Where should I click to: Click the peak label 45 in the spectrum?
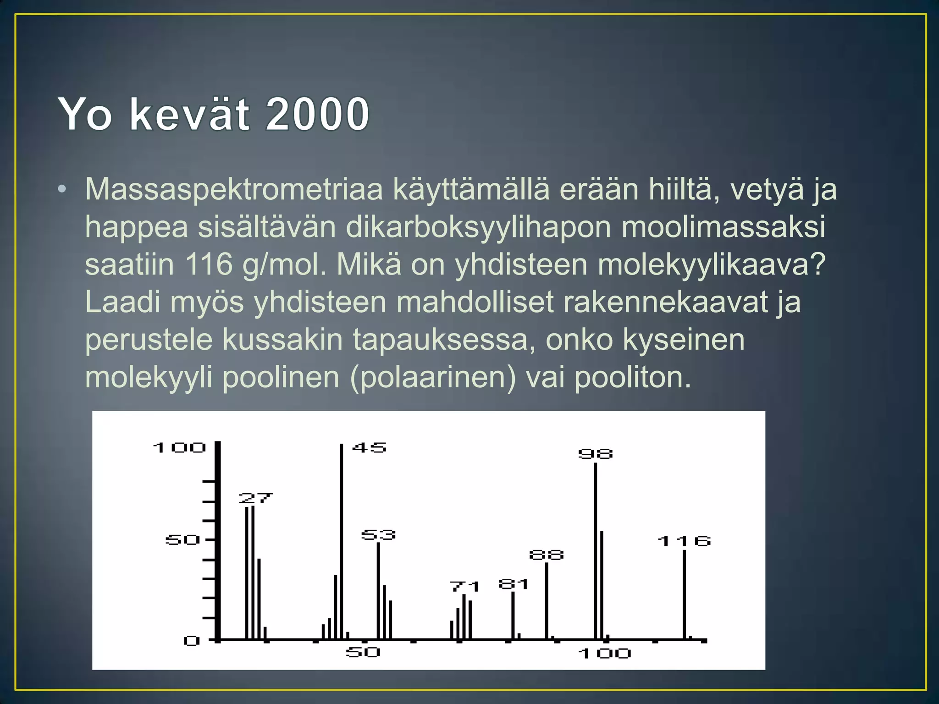point(369,447)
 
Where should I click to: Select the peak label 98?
point(595,454)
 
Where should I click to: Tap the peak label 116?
point(684,541)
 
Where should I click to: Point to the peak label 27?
point(255,498)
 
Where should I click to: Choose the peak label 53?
point(378,535)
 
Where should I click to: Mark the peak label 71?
point(464,587)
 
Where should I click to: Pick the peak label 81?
point(514,584)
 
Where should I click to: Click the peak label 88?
point(546,555)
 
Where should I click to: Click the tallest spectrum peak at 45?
point(342,541)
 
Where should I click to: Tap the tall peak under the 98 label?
point(596,550)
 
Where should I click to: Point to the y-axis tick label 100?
point(179,447)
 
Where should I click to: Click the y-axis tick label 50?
point(182,540)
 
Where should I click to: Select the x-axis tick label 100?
point(605,653)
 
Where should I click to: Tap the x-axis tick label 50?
point(363,652)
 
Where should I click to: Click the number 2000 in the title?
point(317,114)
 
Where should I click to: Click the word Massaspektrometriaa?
point(234,189)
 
